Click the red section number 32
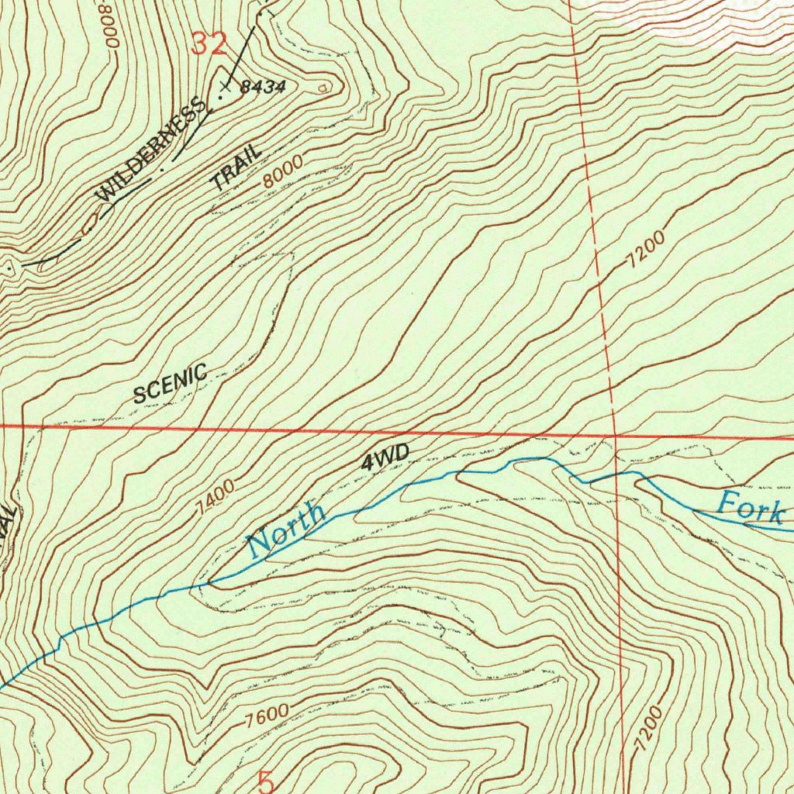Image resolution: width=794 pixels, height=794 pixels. pos(209,44)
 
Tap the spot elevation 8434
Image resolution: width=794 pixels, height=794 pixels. pos(263,87)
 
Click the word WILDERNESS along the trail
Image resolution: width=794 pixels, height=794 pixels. pos(153,150)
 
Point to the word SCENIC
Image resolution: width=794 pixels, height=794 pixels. pos(170,383)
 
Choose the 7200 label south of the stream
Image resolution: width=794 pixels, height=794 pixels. pos(648,729)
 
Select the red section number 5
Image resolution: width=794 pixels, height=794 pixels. pos(266,782)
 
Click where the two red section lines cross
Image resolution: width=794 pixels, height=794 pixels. pos(614,436)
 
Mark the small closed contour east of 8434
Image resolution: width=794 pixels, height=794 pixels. pos(323,88)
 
